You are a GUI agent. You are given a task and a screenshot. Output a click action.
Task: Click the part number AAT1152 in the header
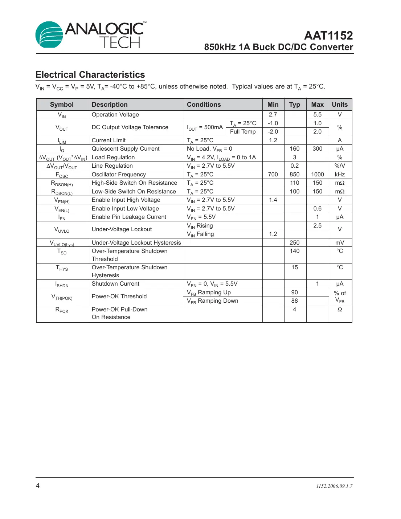tap(328, 36)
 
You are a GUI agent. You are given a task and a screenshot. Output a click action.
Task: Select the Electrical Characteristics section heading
tap(90, 75)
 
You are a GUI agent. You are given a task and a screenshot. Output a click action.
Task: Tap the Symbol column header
tap(62, 105)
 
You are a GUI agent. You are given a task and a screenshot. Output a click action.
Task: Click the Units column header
tap(339, 105)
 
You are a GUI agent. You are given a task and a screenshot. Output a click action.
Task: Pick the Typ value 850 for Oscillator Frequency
tap(294, 175)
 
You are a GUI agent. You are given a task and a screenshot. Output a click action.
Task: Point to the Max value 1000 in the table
tap(317, 175)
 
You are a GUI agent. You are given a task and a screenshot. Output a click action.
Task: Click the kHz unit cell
tap(339, 175)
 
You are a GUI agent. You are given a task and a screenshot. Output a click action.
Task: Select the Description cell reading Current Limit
tap(109, 140)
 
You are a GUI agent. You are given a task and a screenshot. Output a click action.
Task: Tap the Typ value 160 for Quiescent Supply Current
tap(294, 149)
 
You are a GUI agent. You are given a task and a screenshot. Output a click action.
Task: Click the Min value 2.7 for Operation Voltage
tap(273, 115)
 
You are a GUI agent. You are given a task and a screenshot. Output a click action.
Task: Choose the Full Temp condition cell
tap(243, 132)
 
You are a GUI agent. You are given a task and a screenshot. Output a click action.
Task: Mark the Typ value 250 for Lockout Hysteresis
tap(294, 243)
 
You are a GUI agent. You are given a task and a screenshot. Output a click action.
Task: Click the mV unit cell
tap(339, 243)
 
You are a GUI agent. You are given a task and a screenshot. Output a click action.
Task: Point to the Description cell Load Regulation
tap(113, 158)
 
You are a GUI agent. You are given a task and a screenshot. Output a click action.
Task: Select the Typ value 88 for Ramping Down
tap(294, 301)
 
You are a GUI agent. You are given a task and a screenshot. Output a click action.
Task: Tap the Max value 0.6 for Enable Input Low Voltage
tap(317, 209)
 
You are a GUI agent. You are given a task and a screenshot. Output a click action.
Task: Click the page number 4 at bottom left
tap(38, 486)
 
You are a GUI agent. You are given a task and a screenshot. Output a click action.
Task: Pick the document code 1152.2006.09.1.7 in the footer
tap(334, 486)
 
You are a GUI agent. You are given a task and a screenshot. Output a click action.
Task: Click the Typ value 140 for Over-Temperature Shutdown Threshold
tap(294, 251)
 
